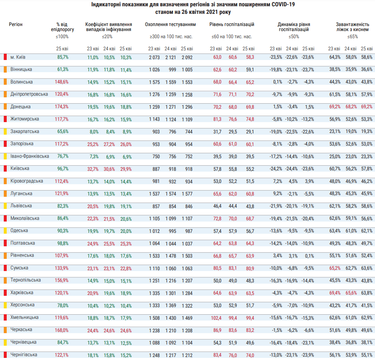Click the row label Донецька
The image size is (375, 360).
click(x=20, y=107)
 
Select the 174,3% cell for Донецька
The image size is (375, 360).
click(x=62, y=107)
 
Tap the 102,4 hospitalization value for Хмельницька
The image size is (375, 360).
click(x=216, y=318)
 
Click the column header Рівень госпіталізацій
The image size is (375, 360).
click(x=232, y=24)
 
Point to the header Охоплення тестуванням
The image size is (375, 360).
click(x=170, y=24)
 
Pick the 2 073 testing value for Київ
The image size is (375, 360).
click(x=154, y=57)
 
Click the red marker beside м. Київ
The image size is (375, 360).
click(x=5, y=57)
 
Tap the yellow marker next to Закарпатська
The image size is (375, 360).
click(x=5, y=131)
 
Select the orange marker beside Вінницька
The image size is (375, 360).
click(x=5, y=69)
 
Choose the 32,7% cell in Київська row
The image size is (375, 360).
click(x=93, y=169)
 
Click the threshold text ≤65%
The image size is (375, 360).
click(x=352, y=37)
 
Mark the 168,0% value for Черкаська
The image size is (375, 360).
click(x=62, y=330)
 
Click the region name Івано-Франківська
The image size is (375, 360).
click(x=30, y=156)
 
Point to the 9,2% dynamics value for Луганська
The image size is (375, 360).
click(x=278, y=193)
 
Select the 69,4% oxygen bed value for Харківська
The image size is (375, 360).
click(x=335, y=293)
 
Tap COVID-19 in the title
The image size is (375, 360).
click(x=283, y=5)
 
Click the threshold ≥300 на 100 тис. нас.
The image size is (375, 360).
click(x=171, y=37)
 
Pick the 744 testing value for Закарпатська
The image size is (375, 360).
click(x=189, y=132)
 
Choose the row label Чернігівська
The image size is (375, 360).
click(x=23, y=355)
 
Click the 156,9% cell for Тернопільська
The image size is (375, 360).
click(x=62, y=281)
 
